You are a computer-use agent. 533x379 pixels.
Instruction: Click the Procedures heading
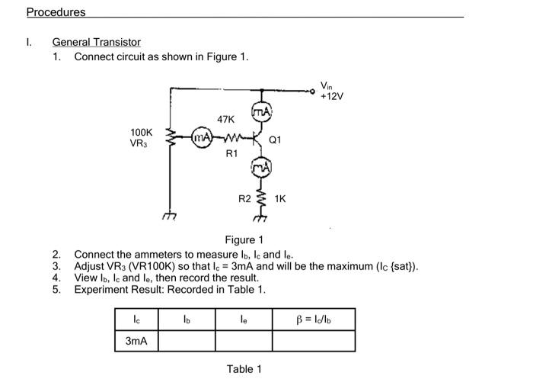56,12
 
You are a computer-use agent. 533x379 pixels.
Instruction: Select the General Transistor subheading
96,42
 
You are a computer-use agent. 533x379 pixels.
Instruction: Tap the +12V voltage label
331,96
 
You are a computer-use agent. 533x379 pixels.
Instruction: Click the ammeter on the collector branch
260,112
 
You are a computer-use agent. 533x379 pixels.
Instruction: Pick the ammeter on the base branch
201,137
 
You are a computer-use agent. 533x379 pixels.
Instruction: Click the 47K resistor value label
226,120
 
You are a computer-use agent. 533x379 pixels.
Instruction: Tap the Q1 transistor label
275,140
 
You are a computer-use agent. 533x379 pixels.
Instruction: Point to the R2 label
244,198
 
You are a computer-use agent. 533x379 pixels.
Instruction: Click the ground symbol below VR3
168,217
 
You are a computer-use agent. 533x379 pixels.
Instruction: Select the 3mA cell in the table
136,341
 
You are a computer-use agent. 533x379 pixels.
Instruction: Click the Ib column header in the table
186,319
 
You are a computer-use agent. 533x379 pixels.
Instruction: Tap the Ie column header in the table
244,319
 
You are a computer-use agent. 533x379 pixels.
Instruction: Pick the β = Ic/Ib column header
314,319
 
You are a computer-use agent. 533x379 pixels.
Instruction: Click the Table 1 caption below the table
244,369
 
